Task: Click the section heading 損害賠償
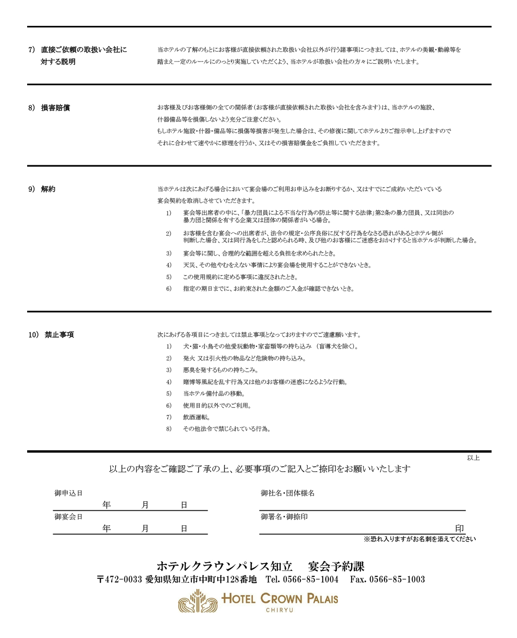pyautogui.click(x=55, y=108)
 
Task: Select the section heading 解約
pyautogui.click(x=48, y=189)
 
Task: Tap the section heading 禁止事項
pyautogui.click(x=59, y=335)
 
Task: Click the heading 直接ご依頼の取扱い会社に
pyautogui.click(x=84, y=50)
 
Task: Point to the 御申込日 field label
pyautogui.click(x=69, y=493)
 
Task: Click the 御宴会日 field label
pyautogui.click(x=69, y=517)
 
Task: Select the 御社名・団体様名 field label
pyautogui.click(x=287, y=493)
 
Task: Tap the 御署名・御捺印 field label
pyautogui.click(x=284, y=517)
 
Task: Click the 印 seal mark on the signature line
pyautogui.click(x=459, y=529)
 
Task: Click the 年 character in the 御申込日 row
pyautogui.click(x=106, y=505)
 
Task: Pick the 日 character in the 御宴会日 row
pyautogui.click(x=184, y=529)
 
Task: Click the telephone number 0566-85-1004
pyautogui.click(x=310, y=579)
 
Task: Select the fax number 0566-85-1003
pyautogui.click(x=397, y=579)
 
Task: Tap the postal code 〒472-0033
pyautogui.click(x=119, y=579)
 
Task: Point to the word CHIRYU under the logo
pyautogui.click(x=280, y=610)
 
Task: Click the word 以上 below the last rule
pyautogui.click(x=473, y=458)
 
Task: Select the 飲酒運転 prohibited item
pyautogui.click(x=196, y=417)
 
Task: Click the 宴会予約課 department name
pyautogui.click(x=336, y=566)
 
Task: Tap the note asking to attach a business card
pyautogui.click(x=420, y=539)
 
